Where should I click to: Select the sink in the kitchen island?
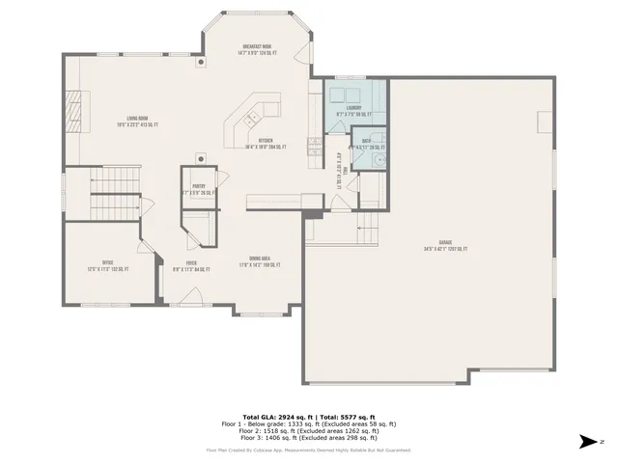pyautogui.click(x=249, y=120)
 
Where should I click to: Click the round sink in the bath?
pyautogui.click(x=380, y=158)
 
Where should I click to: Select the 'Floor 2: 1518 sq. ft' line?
pyautogui.click(x=309, y=430)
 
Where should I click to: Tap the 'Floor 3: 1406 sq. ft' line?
pyautogui.click(x=309, y=437)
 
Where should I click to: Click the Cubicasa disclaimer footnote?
pyautogui.click(x=309, y=449)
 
